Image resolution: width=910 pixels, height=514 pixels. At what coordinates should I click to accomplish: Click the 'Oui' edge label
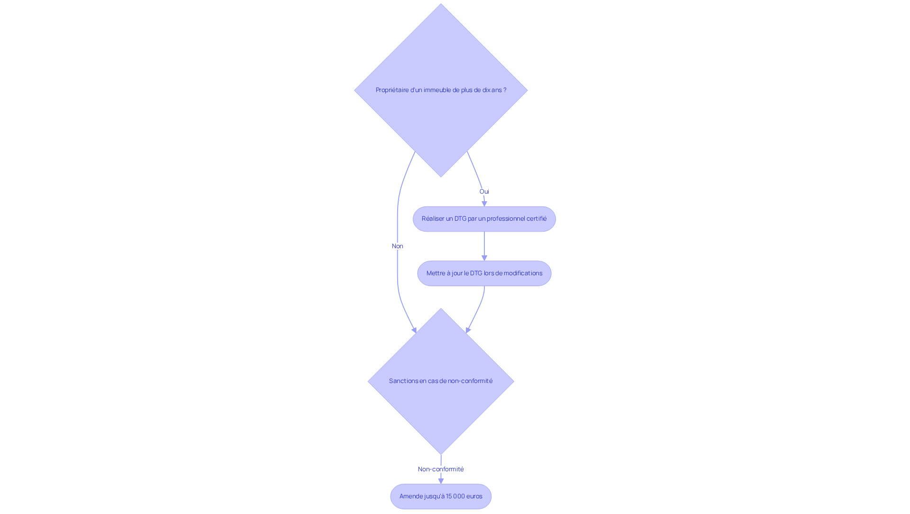tap(484, 192)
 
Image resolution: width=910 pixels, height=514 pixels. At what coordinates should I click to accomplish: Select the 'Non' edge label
tap(397, 246)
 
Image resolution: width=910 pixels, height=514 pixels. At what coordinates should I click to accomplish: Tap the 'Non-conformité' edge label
tap(441, 469)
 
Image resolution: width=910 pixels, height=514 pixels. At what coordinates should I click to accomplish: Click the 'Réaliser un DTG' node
tap(484, 219)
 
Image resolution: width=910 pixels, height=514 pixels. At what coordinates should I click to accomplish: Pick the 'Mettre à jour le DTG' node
tap(484, 273)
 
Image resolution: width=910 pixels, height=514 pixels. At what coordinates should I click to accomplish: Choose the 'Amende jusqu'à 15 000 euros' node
tap(441, 496)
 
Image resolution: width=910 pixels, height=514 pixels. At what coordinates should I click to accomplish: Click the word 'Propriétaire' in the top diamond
tap(392, 90)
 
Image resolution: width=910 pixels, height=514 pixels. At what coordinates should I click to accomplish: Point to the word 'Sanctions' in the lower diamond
tap(403, 381)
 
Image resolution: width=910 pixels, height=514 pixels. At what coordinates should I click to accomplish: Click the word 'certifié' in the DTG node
tap(536, 219)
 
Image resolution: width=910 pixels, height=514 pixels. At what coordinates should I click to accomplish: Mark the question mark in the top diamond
tap(505, 90)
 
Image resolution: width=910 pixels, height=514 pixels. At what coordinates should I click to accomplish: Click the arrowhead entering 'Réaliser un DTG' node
tap(484, 204)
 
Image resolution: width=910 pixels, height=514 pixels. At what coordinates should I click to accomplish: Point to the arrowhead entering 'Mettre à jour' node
tap(484, 258)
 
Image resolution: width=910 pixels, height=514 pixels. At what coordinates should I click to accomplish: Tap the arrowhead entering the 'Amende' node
tap(441, 481)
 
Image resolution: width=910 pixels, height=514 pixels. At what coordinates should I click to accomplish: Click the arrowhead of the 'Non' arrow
tap(414, 330)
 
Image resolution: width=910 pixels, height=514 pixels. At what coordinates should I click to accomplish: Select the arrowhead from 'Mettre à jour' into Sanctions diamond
tap(468, 330)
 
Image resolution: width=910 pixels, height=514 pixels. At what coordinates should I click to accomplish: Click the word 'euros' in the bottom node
tap(474, 496)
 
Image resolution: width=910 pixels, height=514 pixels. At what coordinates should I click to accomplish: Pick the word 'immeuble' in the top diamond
tap(437, 90)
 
